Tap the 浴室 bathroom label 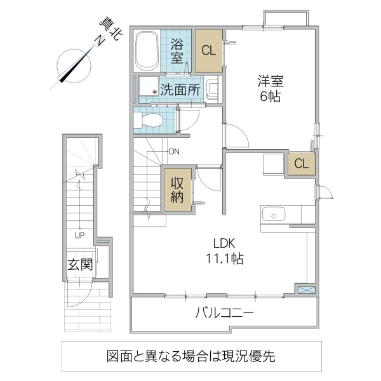(x=178, y=51)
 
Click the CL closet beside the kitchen (x=302, y=163)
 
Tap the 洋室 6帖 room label (x=270, y=89)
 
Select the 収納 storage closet (x=177, y=189)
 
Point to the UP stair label (x=80, y=235)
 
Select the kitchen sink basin (x=274, y=214)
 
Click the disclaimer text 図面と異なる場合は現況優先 (x=190, y=357)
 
